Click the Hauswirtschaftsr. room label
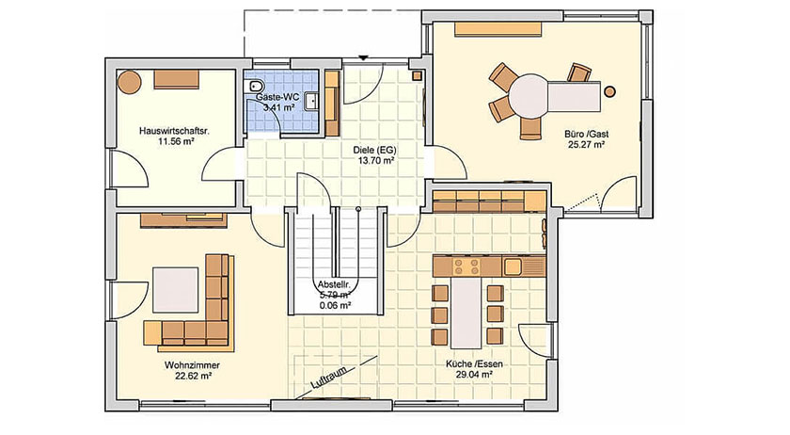(174, 131)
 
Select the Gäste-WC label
(277, 96)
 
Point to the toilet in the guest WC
(252, 86)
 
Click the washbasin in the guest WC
(311, 101)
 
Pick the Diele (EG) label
(375, 150)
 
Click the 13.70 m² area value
(376, 161)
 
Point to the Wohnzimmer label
(192, 365)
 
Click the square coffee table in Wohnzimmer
(176, 290)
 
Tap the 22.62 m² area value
(193, 376)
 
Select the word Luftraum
(328, 378)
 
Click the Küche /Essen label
(474, 363)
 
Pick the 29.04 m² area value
(474, 375)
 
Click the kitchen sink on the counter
(513, 266)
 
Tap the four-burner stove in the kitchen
(467, 266)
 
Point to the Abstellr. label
(334, 284)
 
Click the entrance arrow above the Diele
(364, 58)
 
